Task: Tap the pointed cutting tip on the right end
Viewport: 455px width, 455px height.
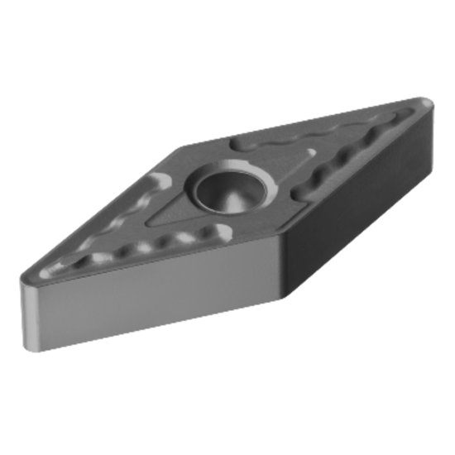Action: (x=427, y=103)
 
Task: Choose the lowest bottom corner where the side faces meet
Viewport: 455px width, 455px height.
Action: (x=285, y=298)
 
